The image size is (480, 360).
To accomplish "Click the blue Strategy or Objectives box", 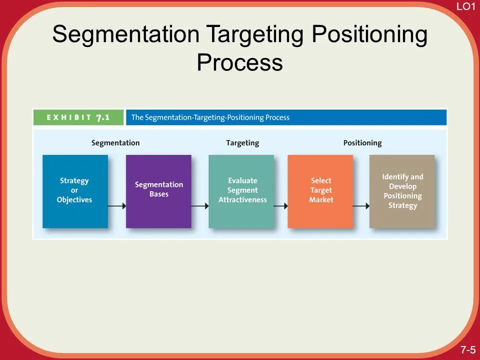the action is pos(75,191).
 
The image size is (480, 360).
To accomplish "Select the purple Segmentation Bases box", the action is pos(158,191).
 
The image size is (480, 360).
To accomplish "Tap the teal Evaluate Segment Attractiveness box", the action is pos(241,191).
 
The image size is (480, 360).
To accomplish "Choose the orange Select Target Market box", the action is pos(320,191).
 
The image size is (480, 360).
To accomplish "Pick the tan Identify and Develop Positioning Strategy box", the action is pos(402,191).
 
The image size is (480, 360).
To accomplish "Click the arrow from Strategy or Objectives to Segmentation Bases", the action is pos(116,205).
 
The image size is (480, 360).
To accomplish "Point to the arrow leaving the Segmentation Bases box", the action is pos(199,205).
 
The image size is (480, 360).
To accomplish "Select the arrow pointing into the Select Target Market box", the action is pos(280,205).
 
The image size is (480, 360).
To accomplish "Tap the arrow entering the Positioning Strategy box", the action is pos(361,205).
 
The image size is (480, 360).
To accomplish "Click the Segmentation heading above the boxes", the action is pos(115,143).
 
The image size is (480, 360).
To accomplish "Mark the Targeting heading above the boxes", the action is pos(242,143).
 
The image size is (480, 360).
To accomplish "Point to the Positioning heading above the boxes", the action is pos(362,143).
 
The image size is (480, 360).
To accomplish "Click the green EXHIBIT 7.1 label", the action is pos(78,117).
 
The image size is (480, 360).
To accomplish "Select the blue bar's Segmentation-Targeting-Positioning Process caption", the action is pos(210,117).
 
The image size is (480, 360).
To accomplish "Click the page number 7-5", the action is pos(468,349).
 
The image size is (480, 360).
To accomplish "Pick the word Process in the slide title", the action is pos(239,63).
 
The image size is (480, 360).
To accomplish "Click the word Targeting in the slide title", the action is pos(255,35).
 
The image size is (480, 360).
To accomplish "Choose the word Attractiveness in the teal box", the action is pos(242,200).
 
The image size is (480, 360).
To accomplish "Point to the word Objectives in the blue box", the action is pos(74,200).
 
